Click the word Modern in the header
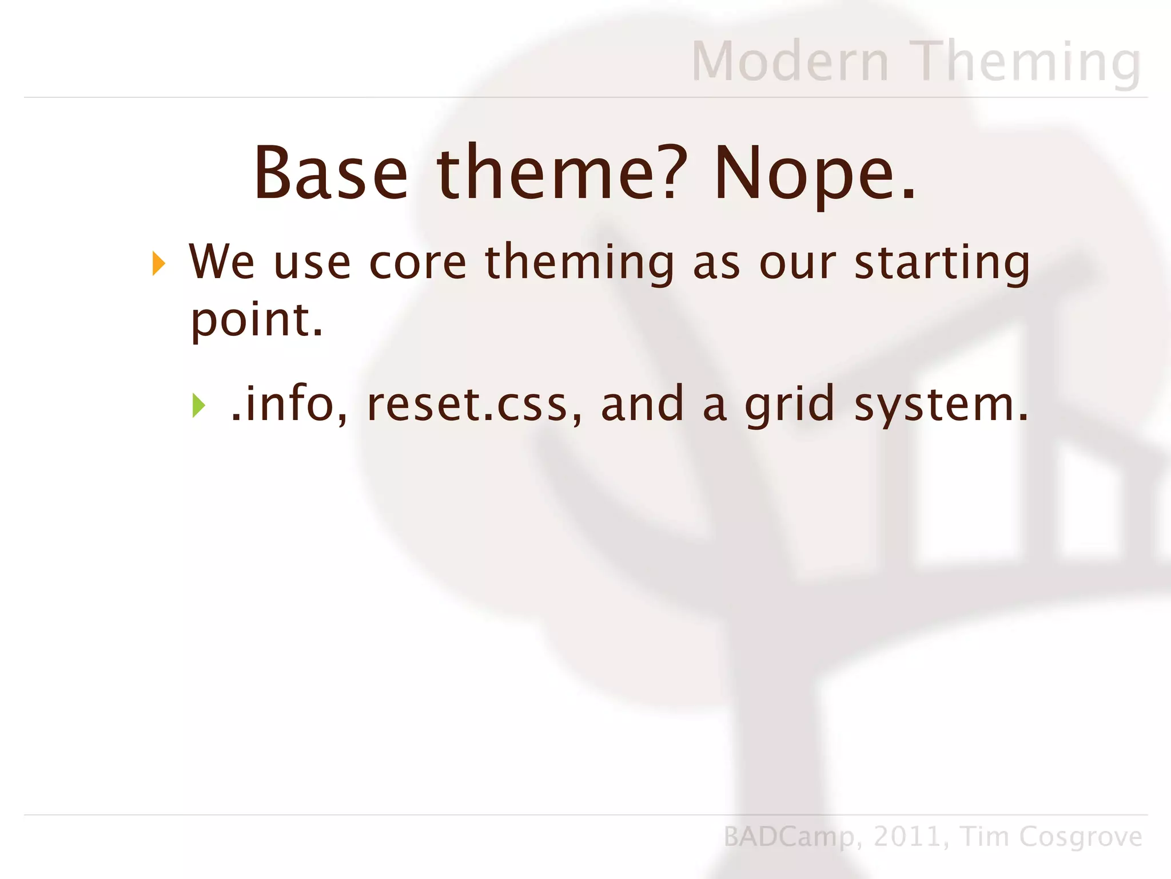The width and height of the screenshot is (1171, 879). (790, 61)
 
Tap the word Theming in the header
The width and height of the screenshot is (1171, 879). (1026, 61)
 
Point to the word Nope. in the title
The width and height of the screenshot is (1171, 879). (815, 173)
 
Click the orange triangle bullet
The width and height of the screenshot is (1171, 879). (159, 264)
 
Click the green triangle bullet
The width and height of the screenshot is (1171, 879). (198, 405)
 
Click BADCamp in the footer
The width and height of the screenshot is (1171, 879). (789, 837)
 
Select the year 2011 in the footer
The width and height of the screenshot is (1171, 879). (908, 837)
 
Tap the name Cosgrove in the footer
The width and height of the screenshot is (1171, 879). (1081, 837)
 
